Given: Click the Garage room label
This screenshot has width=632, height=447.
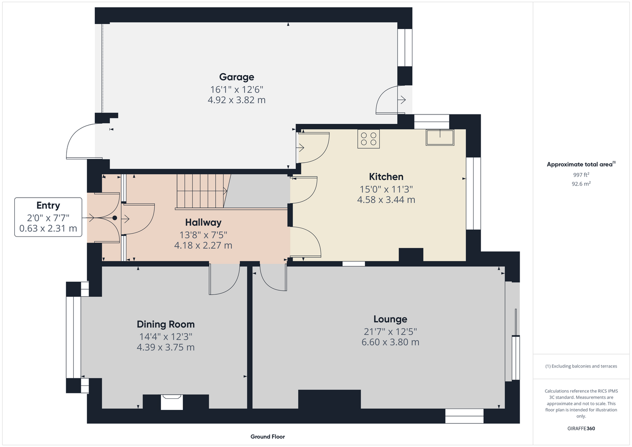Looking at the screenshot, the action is click(x=237, y=77).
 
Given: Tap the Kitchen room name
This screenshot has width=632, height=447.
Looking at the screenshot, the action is click(x=386, y=177).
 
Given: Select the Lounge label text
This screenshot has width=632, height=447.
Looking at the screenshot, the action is click(x=390, y=319).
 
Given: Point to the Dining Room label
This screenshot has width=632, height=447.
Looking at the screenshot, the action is click(x=165, y=325).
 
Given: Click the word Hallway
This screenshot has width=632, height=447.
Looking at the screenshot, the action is click(x=203, y=223).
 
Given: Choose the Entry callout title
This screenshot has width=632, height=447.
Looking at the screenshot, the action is click(x=48, y=205).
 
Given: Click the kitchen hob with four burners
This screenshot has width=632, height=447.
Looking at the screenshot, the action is click(x=369, y=139).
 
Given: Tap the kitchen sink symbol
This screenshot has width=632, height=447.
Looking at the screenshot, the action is click(x=440, y=137).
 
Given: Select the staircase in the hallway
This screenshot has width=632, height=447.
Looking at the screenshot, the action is click(x=203, y=191).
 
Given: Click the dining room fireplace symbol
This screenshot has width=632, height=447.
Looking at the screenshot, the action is click(x=172, y=402).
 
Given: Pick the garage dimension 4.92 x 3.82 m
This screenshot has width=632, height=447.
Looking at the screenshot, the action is click(x=237, y=100).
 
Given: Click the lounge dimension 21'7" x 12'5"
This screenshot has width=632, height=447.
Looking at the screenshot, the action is click(x=390, y=332).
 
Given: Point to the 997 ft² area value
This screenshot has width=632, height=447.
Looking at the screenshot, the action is click(x=581, y=175).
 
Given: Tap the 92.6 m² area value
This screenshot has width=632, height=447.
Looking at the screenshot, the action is click(x=581, y=184).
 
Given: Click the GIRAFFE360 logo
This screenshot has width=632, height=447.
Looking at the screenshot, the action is click(x=581, y=428).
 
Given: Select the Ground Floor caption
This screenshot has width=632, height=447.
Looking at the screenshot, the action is click(x=267, y=437).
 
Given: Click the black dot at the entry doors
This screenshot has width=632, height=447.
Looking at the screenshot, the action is click(x=115, y=218).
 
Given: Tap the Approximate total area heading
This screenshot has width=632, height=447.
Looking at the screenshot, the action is click(x=581, y=164).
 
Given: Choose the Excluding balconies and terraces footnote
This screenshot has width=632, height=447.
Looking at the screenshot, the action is click(x=581, y=367).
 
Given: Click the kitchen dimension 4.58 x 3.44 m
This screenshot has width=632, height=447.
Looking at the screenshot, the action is click(x=386, y=200).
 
